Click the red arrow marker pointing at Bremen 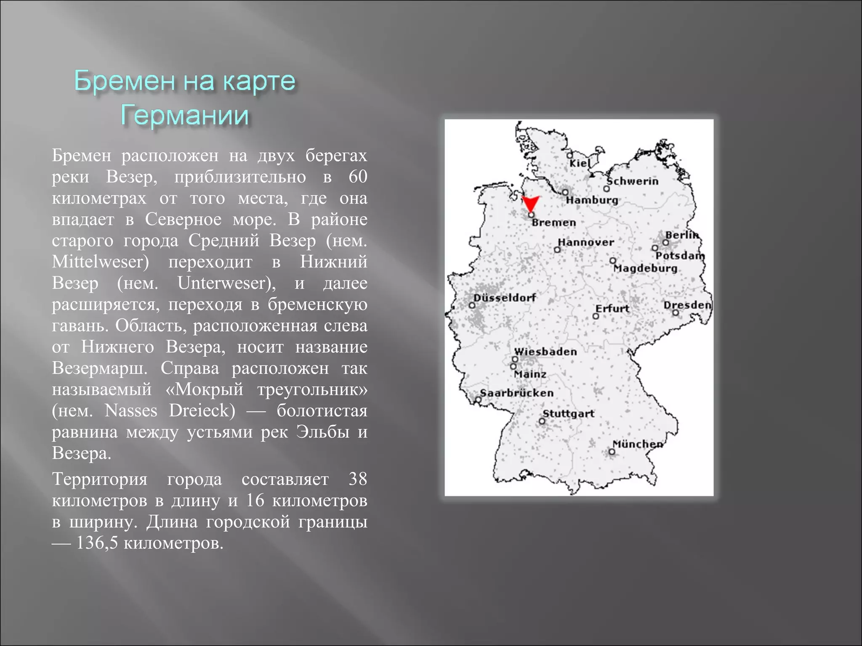530,203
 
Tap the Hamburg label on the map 592,200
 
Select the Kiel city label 580,163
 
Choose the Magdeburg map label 645,268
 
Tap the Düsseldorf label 505,297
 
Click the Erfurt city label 612,308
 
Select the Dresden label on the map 687,304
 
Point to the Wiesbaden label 545,351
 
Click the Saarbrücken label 517,393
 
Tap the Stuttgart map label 568,413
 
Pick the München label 638,444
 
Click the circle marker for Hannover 557,250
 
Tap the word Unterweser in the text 226,283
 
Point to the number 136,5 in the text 97,543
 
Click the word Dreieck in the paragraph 202,410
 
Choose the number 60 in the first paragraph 358,177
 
